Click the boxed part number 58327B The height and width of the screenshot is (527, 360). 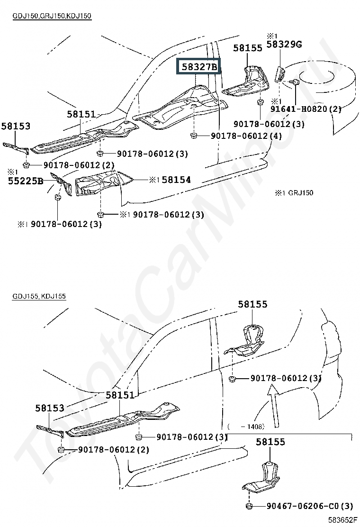tap(199, 66)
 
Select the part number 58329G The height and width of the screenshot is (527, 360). tap(284, 44)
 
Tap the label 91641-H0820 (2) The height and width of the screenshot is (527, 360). tap(306, 109)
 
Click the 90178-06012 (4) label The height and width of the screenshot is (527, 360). tap(246, 136)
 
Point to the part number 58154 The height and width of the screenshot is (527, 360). tap(176, 180)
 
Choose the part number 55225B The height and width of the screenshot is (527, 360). tap(26, 181)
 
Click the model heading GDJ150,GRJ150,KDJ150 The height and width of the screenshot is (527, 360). tap(52, 16)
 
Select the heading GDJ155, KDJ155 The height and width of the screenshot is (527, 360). tap(39, 296)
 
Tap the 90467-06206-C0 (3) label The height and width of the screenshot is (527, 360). tap(310, 506)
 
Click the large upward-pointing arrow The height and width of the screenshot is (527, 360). tap(274, 406)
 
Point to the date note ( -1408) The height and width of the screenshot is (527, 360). tap(246, 427)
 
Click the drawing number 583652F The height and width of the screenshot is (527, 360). tap(342, 520)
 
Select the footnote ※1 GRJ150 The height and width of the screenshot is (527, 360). tap(294, 192)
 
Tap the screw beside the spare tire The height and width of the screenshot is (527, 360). tap(294, 81)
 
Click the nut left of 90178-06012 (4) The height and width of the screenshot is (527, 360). tap(193, 136)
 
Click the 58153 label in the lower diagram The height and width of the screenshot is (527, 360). tap(50, 408)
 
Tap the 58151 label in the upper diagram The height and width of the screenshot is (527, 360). tap(81, 114)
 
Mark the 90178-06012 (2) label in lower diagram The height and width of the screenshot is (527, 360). tap(114, 449)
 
